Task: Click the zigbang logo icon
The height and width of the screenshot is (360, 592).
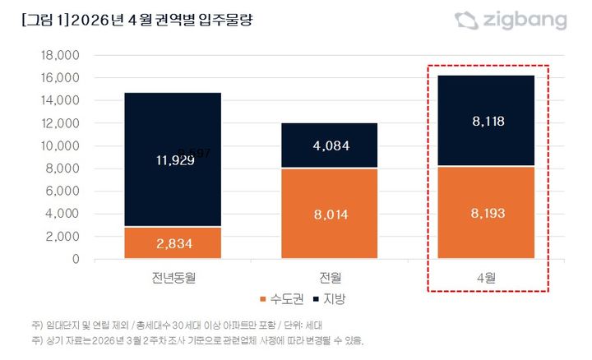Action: coord(466,21)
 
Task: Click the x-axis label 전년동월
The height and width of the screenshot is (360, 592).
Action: coord(173,275)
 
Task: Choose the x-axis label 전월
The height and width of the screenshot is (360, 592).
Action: coord(331,275)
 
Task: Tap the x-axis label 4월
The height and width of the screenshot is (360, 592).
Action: coord(488,275)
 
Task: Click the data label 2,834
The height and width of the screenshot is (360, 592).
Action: coord(173,243)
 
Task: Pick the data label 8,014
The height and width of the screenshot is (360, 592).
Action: coord(331,215)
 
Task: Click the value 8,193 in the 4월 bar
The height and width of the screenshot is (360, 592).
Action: coord(488,213)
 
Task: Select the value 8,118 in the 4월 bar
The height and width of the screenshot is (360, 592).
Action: coord(488,122)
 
